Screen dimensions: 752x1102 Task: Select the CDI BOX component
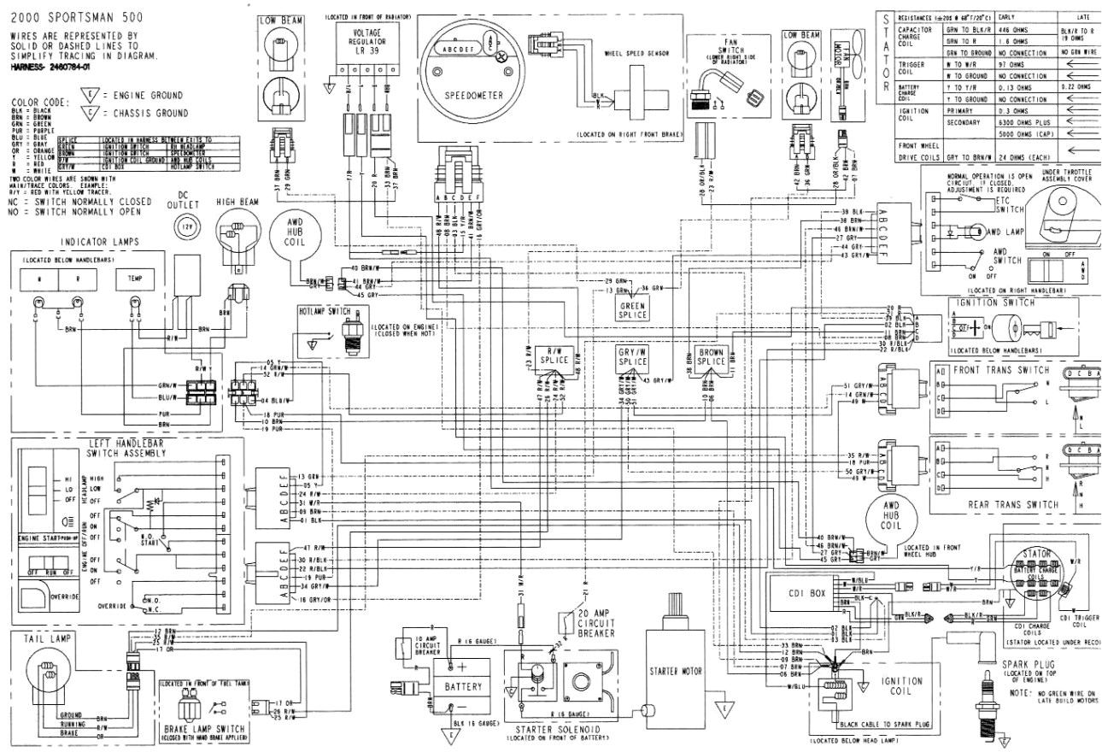(807, 593)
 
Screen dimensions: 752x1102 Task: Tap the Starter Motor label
(674, 670)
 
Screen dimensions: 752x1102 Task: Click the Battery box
(462, 685)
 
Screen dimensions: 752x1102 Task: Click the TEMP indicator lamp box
(135, 278)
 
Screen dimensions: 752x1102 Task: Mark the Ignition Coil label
(900, 685)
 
